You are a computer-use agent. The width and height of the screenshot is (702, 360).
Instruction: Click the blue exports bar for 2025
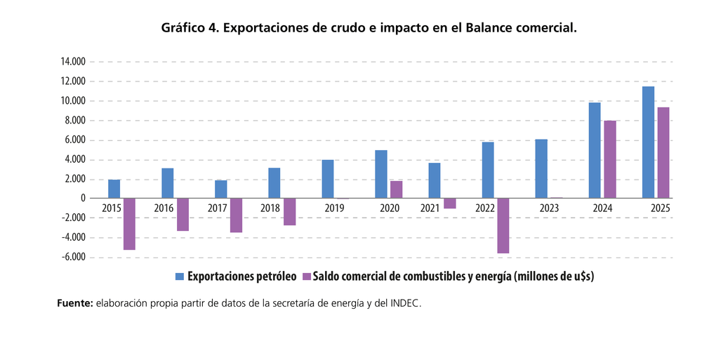coord(648,142)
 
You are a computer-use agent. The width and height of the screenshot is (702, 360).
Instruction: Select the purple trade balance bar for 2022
coord(503,226)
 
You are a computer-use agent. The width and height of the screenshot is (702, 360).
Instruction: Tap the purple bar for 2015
coord(129,224)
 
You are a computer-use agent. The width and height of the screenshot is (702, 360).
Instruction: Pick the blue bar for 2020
coord(381,174)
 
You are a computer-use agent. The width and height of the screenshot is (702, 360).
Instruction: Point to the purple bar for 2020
coord(396,189)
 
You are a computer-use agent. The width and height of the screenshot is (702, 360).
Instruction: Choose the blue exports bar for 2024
coord(595,150)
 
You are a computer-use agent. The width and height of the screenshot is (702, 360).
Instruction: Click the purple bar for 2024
coord(610,159)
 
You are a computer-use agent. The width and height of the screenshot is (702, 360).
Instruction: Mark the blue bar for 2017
coord(220,189)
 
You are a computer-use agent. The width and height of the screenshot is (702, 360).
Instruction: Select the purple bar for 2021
coord(449,204)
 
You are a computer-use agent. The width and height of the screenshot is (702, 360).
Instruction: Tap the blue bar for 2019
coord(328,179)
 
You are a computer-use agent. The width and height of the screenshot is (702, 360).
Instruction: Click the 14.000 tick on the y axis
coord(73,62)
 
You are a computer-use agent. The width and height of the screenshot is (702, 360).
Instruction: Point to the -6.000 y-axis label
coord(73,258)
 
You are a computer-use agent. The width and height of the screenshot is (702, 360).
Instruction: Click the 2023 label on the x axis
coord(549,208)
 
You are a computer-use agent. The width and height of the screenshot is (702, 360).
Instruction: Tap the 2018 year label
coord(270,208)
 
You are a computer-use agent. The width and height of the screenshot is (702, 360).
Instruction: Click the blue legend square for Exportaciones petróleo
coord(180,276)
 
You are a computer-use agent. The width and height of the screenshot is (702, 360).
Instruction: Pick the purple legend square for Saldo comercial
coord(307,276)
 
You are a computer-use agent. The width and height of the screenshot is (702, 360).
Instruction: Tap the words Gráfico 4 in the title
coord(190,28)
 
